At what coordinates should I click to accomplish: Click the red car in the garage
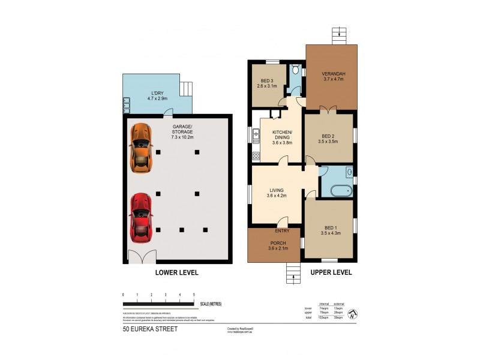pyautogui.click(x=140, y=216)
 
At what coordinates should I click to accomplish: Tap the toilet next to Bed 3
pyautogui.click(x=293, y=70)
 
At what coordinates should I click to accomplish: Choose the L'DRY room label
pyautogui.click(x=157, y=93)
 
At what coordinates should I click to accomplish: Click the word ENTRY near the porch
pyautogui.click(x=283, y=231)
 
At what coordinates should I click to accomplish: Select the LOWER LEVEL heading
pyautogui.click(x=176, y=272)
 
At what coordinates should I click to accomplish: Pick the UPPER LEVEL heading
pyautogui.click(x=331, y=272)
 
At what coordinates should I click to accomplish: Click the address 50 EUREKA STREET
pyautogui.click(x=150, y=329)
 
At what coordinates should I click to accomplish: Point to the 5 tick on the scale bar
pyautogui.click(x=194, y=295)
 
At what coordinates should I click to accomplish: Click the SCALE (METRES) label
pyautogui.click(x=211, y=304)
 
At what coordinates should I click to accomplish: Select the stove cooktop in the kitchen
pyautogui.click(x=256, y=156)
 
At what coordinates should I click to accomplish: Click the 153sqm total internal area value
pyautogui.click(x=325, y=317)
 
